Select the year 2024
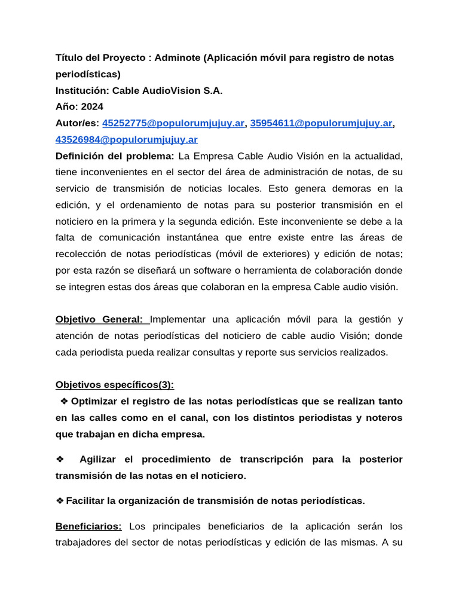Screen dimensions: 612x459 click(91, 107)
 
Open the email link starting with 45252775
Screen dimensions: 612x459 click(174, 123)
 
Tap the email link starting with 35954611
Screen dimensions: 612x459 click(321, 123)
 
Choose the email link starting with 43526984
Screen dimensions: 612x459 click(126, 140)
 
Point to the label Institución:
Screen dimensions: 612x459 click(82, 91)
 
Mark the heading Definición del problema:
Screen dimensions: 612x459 click(115, 156)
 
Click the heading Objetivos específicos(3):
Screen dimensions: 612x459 click(115, 384)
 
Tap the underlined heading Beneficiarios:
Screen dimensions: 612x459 click(88, 527)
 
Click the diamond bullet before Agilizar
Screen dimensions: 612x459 click(60, 459)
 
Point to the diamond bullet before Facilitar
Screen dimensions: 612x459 click(60, 500)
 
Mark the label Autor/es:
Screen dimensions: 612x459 click(78, 123)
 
